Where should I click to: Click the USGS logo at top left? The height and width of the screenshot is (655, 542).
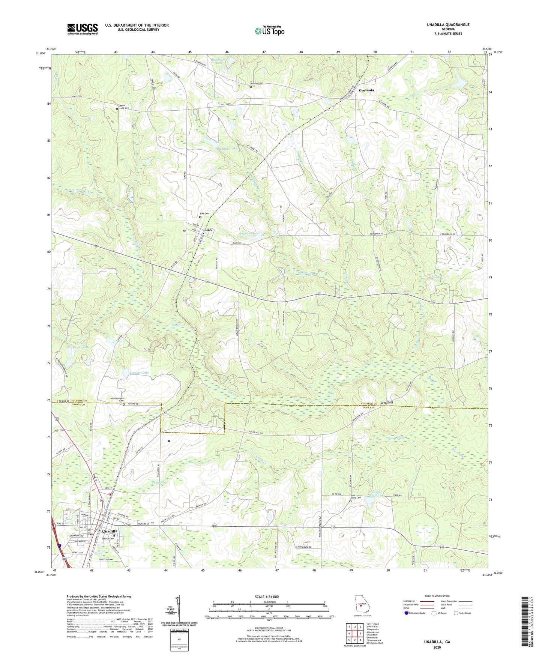[x=83, y=29]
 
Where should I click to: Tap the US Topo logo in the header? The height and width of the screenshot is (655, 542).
[x=269, y=31]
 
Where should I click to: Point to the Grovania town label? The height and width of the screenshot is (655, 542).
[x=366, y=90]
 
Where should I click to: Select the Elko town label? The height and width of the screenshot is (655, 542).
[x=207, y=230]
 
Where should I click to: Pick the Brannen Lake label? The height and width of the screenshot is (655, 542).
[x=137, y=373]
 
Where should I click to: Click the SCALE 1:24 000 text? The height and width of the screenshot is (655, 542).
[x=267, y=596]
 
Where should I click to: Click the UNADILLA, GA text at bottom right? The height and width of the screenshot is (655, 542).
[x=437, y=642]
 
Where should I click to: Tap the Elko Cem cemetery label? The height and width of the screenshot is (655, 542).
[x=204, y=213]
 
